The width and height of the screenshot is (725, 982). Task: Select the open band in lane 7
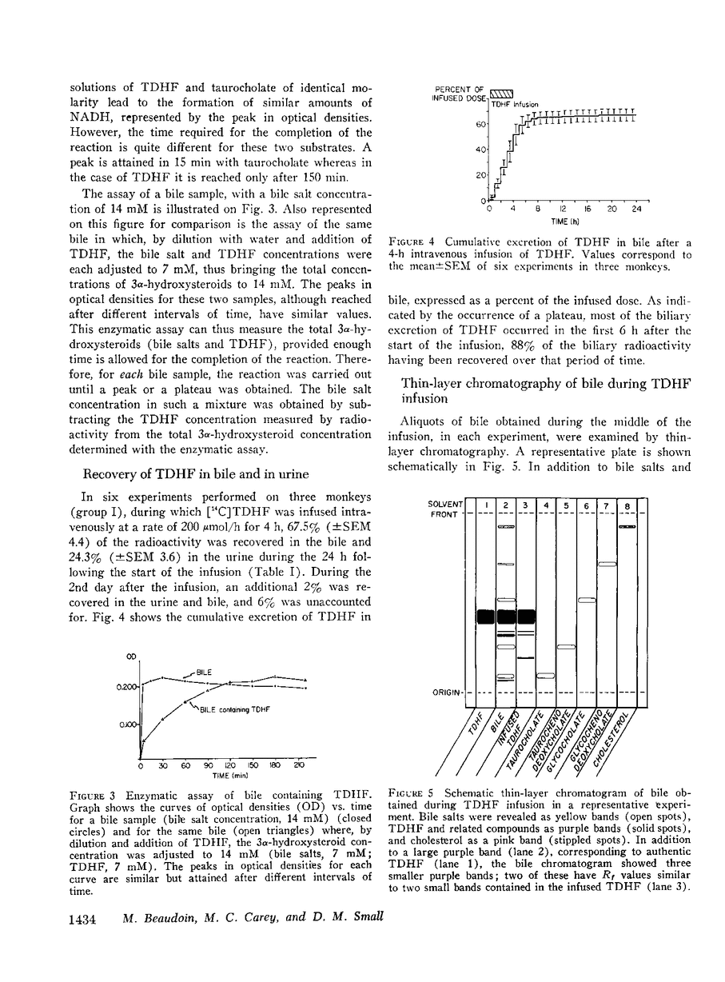point(607,565)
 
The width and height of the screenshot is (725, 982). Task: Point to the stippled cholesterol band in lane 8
point(627,527)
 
